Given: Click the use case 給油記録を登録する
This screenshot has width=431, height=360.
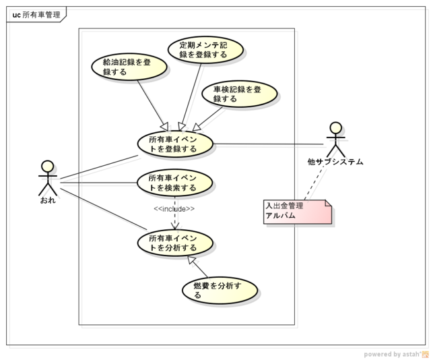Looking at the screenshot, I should tap(121, 67).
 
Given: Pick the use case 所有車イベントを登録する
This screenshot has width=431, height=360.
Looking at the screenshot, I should tap(175, 144).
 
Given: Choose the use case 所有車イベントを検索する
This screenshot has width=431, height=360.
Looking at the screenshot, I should tap(175, 183).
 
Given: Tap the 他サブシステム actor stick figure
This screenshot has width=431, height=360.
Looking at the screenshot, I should tap(335, 139).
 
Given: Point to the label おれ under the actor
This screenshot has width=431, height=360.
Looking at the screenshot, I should tap(47, 201).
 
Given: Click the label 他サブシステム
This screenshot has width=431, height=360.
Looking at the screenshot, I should tap(335, 162).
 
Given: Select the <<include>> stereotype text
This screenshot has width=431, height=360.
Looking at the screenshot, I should tap(174, 209).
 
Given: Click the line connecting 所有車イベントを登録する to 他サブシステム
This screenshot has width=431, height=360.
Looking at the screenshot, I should tap(269, 144).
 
